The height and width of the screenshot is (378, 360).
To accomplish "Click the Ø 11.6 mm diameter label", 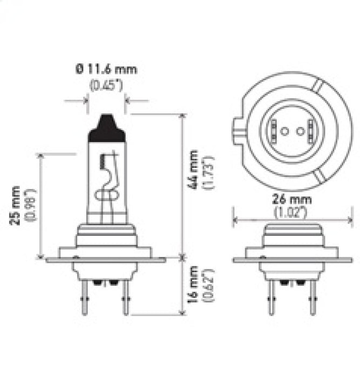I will click(106, 69).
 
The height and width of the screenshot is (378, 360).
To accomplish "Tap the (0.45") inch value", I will click(106, 85).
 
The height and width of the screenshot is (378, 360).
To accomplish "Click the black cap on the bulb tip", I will click(107, 129).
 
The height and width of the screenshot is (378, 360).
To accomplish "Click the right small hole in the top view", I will click(297, 131).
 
